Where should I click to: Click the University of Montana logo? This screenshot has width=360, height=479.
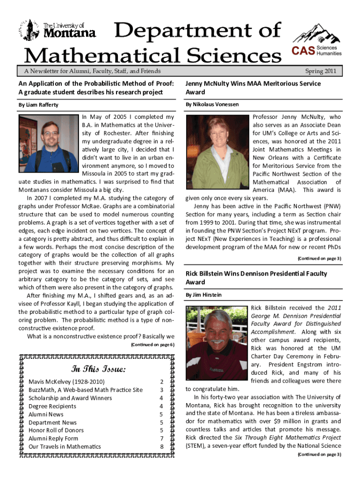click(58, 30)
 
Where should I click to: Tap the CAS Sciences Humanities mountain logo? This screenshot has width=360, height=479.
click(317, 41)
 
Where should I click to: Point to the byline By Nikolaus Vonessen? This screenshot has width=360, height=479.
click(212, 104)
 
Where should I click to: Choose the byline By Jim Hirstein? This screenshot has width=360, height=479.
click(203, 295)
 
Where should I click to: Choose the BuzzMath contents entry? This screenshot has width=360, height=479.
click(86, 390)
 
